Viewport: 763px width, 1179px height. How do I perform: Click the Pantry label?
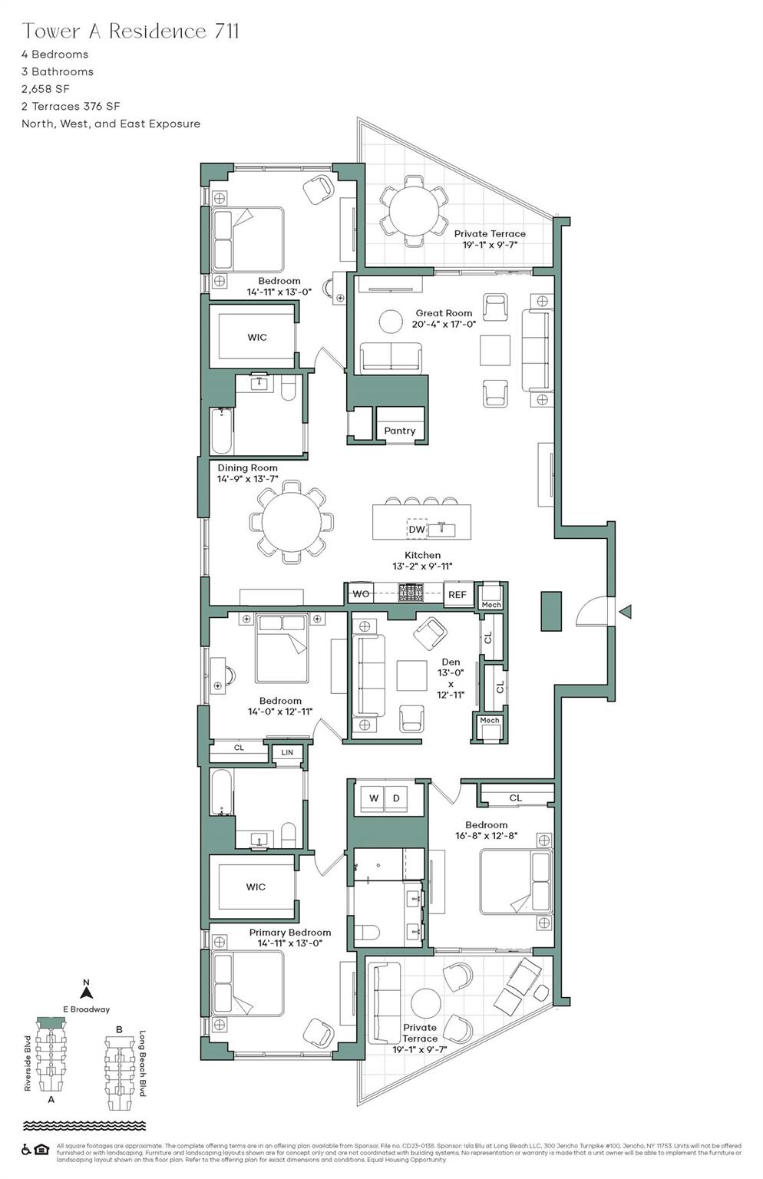(x=399, y=431)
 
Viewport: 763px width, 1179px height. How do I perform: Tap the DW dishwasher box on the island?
(x=417, y=529)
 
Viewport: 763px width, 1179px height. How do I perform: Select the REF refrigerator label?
(x=457, y=594)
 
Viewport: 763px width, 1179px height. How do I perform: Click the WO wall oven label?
(x=361, y=593)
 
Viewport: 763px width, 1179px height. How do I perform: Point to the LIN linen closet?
(x=287, y=752)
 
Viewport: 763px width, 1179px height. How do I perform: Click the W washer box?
(x=373, y=798)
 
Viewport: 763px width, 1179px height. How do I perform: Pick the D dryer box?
(x=397, y=798)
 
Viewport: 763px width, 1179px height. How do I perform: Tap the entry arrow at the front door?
(x=626, y=611)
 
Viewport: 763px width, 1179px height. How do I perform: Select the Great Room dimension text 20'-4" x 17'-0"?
(x=444, y=324)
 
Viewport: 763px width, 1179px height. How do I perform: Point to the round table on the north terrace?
(x=415, y=207)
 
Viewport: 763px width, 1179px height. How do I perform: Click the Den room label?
(x=451, y=662)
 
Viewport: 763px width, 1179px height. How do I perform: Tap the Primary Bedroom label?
(x=289, y=932)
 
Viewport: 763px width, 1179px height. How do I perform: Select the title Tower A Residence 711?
(x=130, y=31)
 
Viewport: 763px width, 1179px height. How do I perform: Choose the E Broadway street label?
(x=86, y=1009)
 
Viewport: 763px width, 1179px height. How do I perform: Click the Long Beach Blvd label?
(x=143, y=1063)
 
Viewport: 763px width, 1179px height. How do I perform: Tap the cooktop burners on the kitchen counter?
(x=411, y=592)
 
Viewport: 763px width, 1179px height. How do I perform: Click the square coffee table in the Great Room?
(x=495, y=351)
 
